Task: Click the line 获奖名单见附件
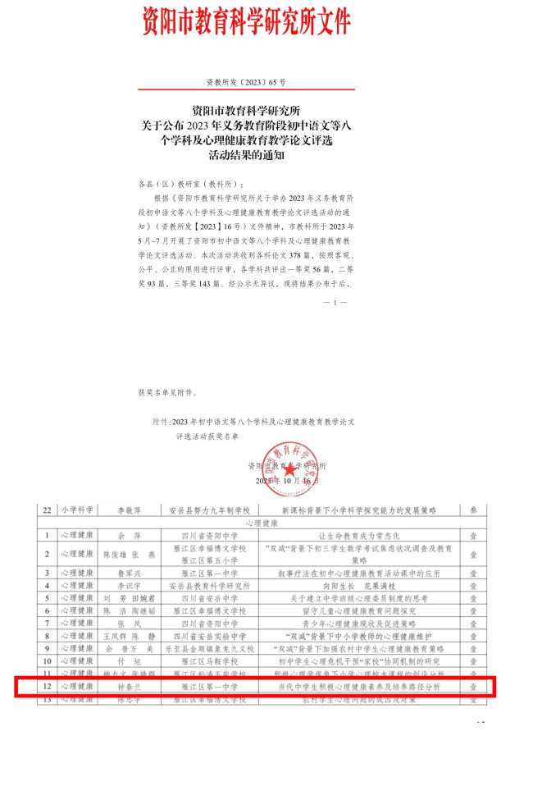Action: (168, 393)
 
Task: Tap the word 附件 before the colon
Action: (161, 422)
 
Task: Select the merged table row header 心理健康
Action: (262, 522)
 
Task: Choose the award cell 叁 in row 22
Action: (472, 510)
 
